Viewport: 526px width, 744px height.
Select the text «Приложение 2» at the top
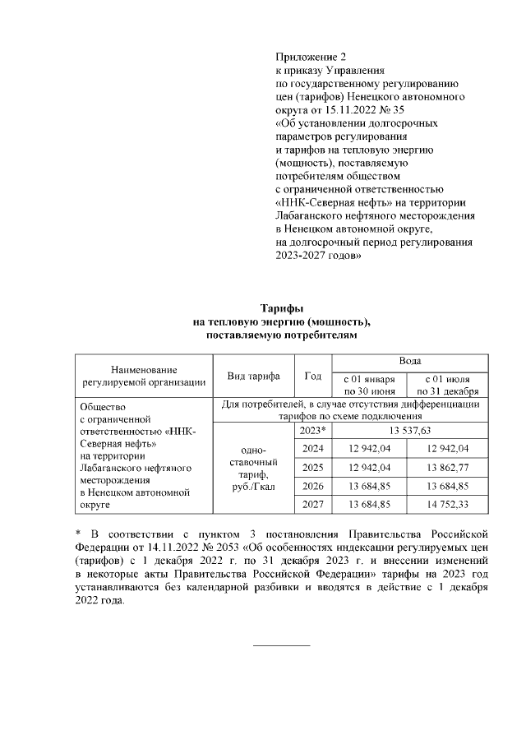tap(311, 57)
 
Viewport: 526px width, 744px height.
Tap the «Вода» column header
tap(410, 362)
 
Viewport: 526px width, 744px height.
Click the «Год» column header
tap(312, 376)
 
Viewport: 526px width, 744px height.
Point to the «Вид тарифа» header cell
tap(253, 376)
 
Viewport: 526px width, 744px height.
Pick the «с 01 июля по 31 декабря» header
tap(450, 385)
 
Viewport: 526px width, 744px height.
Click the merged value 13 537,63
tap(410, 430)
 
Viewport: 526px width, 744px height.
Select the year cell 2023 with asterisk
tap(312, 430)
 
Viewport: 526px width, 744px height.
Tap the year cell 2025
tap(312, 467)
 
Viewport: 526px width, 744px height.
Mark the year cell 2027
tap(312, 503)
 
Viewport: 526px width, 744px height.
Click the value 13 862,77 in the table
tap(450, 467)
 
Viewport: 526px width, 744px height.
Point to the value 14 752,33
tap(450, 503)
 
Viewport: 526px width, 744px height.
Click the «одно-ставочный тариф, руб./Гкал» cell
tap(253, 468)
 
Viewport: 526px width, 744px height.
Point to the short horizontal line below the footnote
tap(282, 645)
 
